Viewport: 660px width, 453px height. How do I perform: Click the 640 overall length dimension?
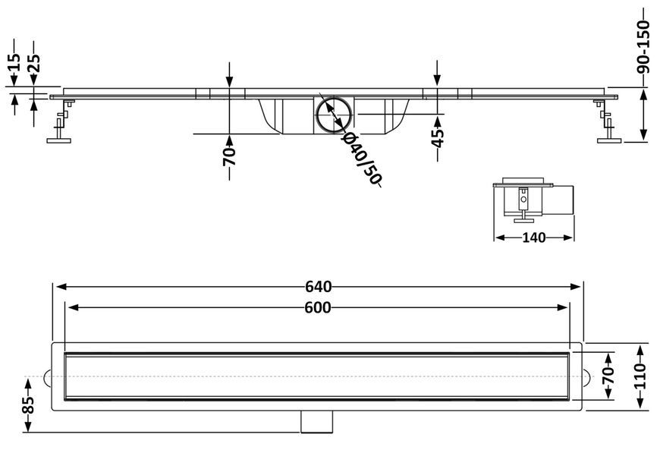[x=318, y=287]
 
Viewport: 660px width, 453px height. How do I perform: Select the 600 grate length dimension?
[x=318, y=308]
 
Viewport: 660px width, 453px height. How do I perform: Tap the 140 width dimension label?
[x=534, y=238]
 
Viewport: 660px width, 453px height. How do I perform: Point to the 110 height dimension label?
[x=640, y=376]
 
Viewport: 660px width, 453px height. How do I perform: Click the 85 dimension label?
[x=28, y=405]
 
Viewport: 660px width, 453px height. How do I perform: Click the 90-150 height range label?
[x=643, y=47]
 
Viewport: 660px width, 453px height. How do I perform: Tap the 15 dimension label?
[x=14, y=62]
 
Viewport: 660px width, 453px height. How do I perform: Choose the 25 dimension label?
[x=33, y=64]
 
